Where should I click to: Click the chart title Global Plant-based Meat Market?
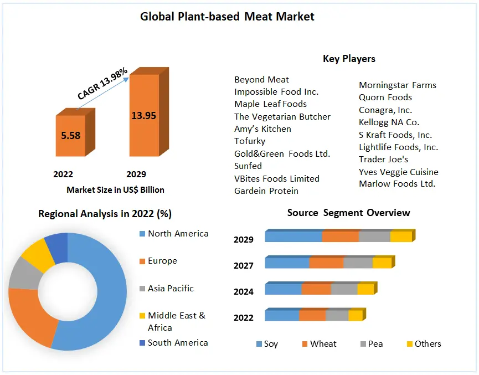coord(227,17)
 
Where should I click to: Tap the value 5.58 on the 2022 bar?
coord(70,135)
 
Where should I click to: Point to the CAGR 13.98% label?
coord(103,84)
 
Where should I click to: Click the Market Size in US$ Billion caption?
coord(115,189)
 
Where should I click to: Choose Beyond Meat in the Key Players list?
coord(261,79)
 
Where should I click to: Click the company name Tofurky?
coord(250,141)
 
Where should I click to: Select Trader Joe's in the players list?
coord(383,160)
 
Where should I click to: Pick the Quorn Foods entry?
coord(385,97)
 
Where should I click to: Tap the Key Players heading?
coord(349,59)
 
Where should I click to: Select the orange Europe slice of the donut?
coord(30,316)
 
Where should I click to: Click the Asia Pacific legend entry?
coord(171,289)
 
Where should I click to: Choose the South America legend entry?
coord(178,343)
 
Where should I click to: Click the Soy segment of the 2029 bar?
coord(293,237)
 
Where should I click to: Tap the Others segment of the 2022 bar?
coord(356,315)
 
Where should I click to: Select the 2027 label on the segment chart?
coord(244,266)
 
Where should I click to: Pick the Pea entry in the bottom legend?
coord(375,344)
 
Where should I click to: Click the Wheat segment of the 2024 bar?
coord(316,289)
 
